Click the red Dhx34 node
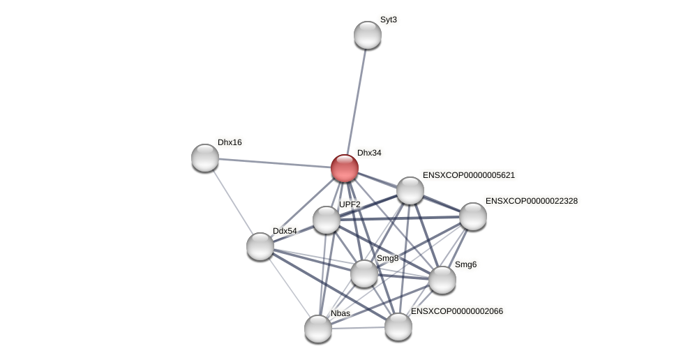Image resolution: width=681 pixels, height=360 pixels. click(x=345, y=168)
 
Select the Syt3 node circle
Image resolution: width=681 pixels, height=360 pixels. click(x=368, y=35)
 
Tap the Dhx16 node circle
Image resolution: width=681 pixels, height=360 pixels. click(x=205, y=158)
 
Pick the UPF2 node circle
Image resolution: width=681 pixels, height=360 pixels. click(x=327, y=220)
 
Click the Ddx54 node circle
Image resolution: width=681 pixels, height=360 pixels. click(x=260, y=246)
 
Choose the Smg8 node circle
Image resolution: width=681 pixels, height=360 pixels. click(x=364, y=273)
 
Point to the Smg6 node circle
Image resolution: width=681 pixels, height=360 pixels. click(x=442, y=280)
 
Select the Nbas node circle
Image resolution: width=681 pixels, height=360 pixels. click(x=318, y=329)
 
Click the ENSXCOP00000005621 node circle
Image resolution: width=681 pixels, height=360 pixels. click(x=410, y=190)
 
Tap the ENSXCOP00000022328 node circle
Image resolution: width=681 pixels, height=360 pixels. click(x=473, y=216)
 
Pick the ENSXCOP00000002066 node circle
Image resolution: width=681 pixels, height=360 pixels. click(x=398, y=327)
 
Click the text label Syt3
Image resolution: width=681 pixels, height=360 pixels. click(x=389, y=20)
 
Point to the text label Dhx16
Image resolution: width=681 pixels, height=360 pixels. click(x=230, y=142)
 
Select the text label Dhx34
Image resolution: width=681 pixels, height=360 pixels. click(x=369, y=153)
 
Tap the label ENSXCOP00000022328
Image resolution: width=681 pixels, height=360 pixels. click(x=532, y=201)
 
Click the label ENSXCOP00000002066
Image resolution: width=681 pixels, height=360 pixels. click(x=457, y=311)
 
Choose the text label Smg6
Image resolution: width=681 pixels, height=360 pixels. click(x=465, y=264)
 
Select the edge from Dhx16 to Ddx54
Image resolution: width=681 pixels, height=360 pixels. click(x=232, y=202)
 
